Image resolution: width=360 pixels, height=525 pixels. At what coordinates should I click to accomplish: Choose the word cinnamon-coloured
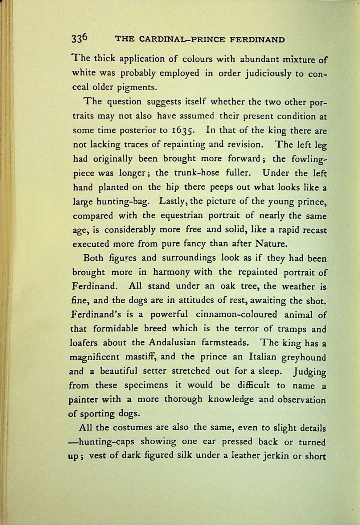point(236,314)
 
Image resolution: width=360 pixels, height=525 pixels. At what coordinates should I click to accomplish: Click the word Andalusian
point(174,343)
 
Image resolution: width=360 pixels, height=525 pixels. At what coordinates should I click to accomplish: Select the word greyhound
point(304,358)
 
